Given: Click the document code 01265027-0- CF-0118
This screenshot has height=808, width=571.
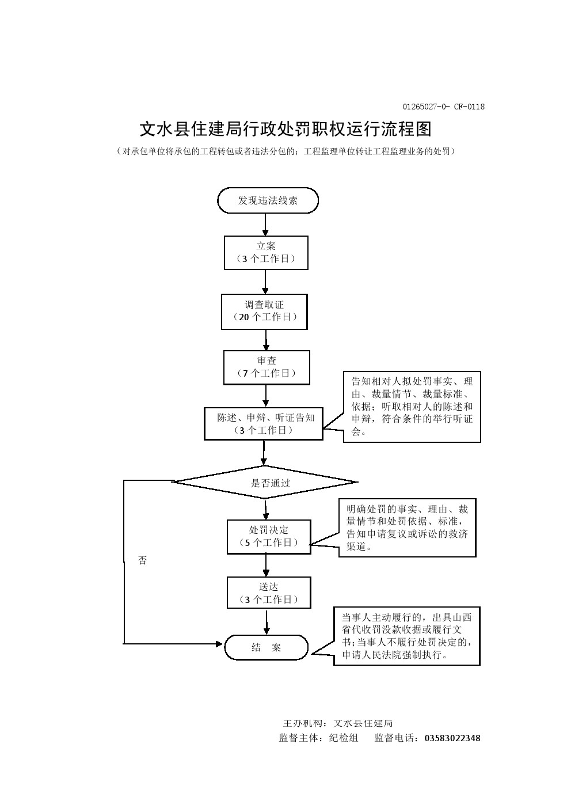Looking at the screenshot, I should [443, 107].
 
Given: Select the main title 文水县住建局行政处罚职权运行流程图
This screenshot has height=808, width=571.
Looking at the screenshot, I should [285, 129].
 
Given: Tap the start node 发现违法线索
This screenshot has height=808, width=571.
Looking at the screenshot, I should [268, 200].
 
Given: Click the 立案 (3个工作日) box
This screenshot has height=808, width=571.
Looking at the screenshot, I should [266, 252].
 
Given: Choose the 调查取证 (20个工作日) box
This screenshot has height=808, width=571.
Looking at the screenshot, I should [264, 312].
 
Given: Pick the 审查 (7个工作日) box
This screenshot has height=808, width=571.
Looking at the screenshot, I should [267, 367].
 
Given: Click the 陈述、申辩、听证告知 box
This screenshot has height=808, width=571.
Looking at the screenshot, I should [264, 424].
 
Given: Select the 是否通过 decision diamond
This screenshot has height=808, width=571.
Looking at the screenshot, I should [265, 483].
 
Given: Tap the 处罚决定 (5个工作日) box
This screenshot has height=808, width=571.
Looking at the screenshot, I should [268, 537].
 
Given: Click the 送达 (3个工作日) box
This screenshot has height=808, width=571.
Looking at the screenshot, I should [269, 593].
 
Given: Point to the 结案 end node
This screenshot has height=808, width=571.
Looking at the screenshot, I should [266, 647].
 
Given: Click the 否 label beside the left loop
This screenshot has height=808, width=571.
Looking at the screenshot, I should [142, 560].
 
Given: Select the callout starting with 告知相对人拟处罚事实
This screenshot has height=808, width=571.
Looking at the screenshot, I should [412, 407].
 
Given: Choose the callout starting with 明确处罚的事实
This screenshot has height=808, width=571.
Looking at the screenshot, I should [407, 528].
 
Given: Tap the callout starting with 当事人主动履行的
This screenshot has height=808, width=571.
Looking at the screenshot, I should [407, 636].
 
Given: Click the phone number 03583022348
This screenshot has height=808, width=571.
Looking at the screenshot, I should [452, 738].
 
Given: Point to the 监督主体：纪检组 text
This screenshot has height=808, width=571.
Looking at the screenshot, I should [318, 738].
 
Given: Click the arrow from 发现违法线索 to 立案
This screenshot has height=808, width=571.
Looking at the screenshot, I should [265, 224].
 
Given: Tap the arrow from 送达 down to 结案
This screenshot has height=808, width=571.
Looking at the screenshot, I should [267, 622].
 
